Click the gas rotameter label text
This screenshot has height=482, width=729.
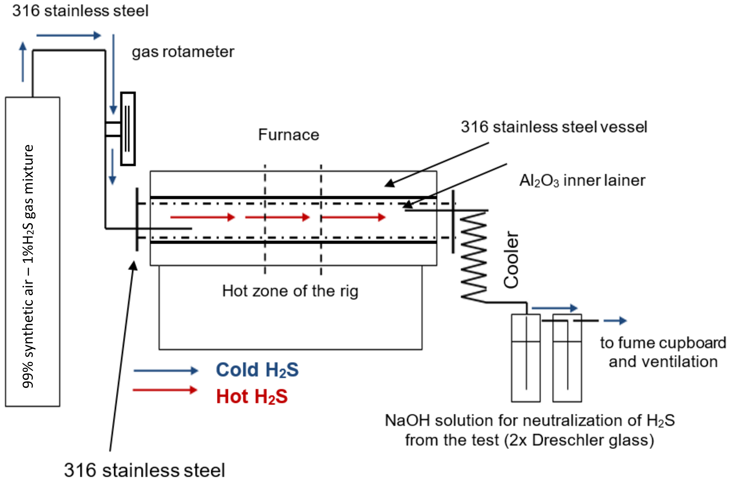183,52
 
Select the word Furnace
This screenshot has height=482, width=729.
288,135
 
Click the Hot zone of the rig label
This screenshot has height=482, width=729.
290,291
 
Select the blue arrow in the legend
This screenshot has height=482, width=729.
165,370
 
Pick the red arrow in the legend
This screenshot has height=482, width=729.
165,390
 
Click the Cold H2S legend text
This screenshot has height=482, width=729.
257,370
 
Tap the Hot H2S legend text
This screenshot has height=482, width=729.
252,396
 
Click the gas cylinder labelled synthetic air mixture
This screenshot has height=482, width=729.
32,252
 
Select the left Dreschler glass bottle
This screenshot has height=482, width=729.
526,358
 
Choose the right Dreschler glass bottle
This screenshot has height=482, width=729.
567,358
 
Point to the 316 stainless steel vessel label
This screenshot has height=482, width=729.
554,127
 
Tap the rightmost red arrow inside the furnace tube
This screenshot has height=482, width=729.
353,217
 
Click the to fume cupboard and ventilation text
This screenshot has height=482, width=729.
663,352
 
